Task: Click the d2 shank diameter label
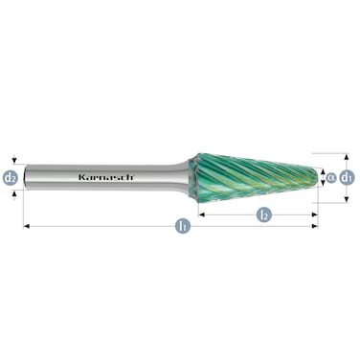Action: coord(11,177)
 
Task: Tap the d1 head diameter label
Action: coord(349,176)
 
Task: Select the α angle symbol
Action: coord(330,176)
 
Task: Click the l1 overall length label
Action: coord(181,227)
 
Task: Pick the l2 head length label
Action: coord(262,215)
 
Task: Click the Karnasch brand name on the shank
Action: coord(106,177)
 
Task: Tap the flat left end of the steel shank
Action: coord(26,177)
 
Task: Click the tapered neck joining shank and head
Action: coord(182,177)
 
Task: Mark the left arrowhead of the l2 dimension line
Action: coord(201,215)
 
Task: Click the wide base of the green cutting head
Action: coord(203,177)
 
